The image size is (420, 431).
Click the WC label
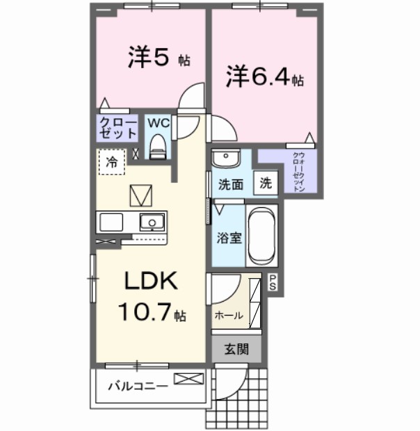pyautogui.click(x=157, y=123)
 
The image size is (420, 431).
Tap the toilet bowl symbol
pyautogui.click(x=158, y=147)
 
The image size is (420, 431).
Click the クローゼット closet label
pyautogui.click(x=116, y=129)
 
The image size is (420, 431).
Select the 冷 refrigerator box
pyautogui.click(x=111, y=162)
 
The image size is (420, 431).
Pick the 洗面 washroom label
pyautogui.click(x=230, y=185)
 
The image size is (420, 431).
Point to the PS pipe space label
pyautogui.click(x=273, y=282)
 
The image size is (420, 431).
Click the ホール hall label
pyautogui.click(x=229, y=315)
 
